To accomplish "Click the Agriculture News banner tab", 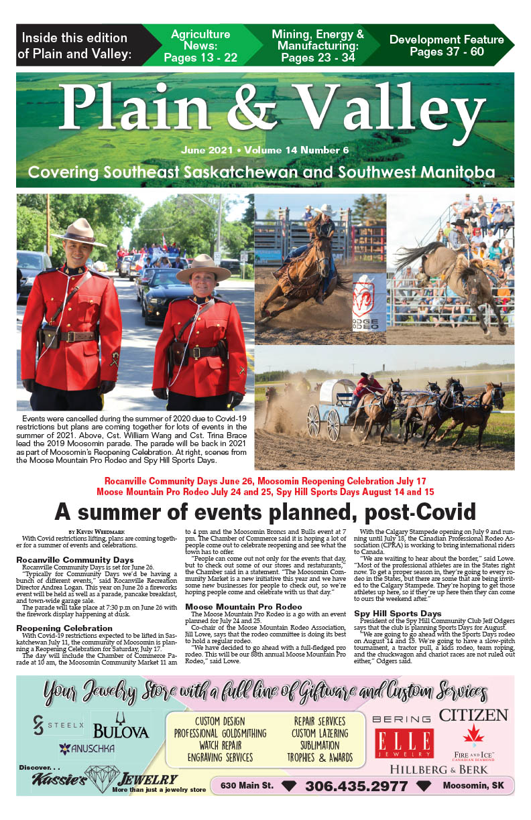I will pyautogui.click(x=200, y=46).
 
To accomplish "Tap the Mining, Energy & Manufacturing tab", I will pyautogui.click(x=317, y=46).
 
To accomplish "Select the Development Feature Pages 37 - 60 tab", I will pyautogui.click(x=446, y=46).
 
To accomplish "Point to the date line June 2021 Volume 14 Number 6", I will pyautogui.click(x=265, y=150).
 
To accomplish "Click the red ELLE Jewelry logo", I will pyautogui.click(x=404, y=744).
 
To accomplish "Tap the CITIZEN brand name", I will pyautogui.click(x=473, y=715).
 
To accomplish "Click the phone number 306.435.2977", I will pyautogui.click(x=356, y=786).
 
